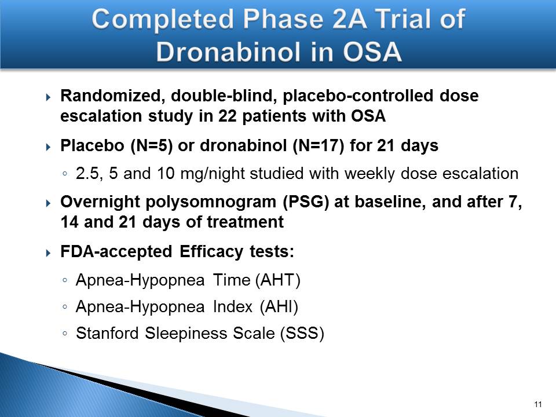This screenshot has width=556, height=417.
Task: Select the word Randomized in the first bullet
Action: click(110, 96)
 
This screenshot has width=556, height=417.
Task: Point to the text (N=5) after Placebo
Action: click(151, 146)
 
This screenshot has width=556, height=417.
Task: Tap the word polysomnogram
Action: click(211, 202)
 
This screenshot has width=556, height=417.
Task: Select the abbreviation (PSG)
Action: click(306, 202)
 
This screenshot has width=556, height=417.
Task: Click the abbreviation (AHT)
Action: click(277, 280)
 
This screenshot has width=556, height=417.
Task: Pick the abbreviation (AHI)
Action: click(279, 307)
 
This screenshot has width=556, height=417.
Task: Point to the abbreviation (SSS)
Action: click(302, 334)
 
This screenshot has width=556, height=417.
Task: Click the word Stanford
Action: click(107, 333)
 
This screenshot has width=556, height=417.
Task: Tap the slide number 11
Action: click(537, 405)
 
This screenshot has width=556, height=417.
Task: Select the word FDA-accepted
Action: click(116, 252)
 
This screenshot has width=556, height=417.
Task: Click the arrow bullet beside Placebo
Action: click(49, 147)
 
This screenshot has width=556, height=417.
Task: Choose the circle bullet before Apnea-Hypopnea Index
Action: click(64, 307)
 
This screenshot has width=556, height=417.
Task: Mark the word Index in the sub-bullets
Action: click(233, 307)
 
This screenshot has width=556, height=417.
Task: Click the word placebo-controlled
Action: click(358, 96)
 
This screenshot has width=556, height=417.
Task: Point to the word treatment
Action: click(245, 222)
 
